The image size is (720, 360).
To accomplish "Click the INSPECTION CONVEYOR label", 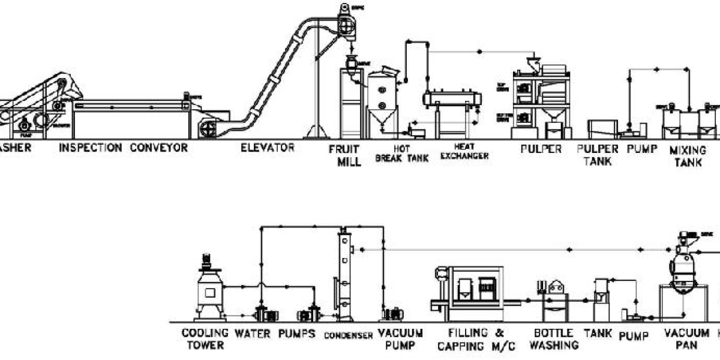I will click(123, 148).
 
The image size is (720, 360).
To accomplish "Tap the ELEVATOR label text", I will click(268, 148).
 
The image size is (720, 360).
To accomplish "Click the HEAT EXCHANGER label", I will click(464, 152).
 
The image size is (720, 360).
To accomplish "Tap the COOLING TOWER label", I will click(205, 339).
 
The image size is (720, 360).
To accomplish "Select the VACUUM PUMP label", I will click(400, 339).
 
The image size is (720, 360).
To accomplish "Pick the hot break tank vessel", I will click(380, 99).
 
